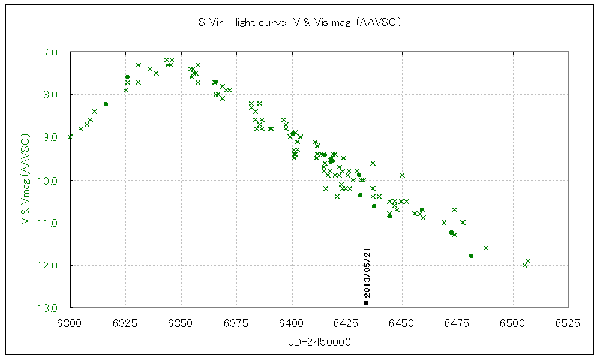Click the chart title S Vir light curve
coord(300,23)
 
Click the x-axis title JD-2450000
coord(319,341)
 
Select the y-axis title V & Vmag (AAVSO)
coord(25,180)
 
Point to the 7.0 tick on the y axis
coord(50,52)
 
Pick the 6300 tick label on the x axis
coord(70,323)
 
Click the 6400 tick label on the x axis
coord(292,323)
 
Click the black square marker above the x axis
coord(366,302)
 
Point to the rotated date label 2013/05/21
coord(367,272)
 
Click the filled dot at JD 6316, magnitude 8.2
coord(106,104)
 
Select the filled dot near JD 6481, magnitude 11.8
coord(471,256)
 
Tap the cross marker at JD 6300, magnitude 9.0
coord(70,137)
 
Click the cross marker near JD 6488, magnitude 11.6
coord(486,248)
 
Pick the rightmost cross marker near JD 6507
coord(528,260)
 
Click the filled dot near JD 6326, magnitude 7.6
coord(127,77)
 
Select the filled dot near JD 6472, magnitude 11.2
coord(451,232)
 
